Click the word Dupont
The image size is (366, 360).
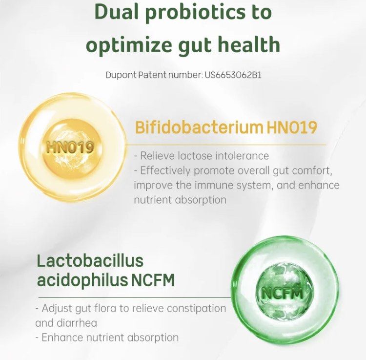click(x=122, y=75)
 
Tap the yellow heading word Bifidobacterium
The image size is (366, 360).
click(x=199, y=128)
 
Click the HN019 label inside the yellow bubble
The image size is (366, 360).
click(x=70, y=147)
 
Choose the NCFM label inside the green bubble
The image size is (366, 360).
click(x=283, y=293)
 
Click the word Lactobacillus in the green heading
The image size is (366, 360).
click(x=90, y=260)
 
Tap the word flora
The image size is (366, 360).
click(x=120, y=309)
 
